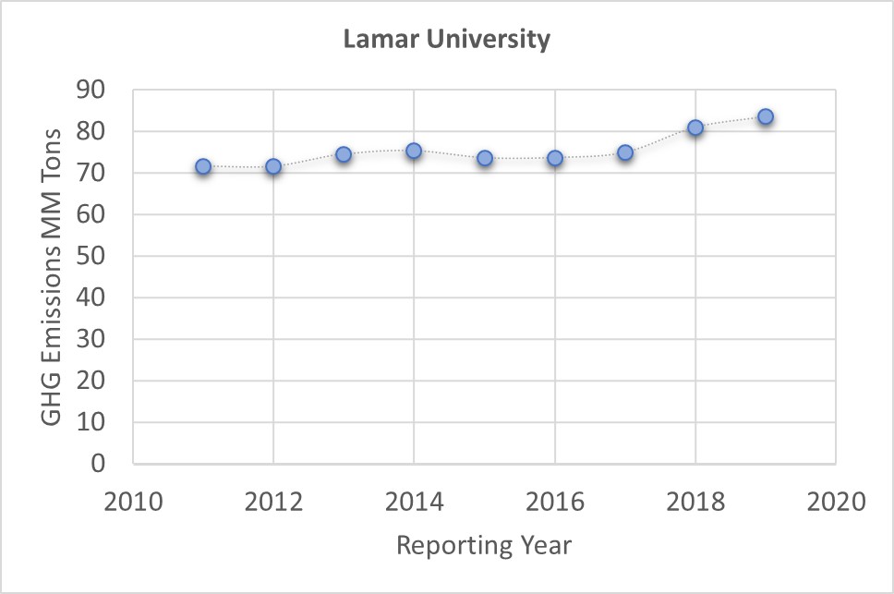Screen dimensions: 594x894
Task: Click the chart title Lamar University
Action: click(x=446, y=40)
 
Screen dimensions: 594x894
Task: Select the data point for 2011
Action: click(x=203, y=166)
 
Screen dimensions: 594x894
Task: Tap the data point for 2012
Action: click(x=273, y=166)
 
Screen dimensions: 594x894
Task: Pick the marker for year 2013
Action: click(x=344, y=154)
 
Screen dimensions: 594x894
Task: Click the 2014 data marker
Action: click(x=414, y=151)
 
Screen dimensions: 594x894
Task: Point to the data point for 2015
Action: click(x=485, y=158)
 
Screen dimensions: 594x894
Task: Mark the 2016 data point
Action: click(x=555, y=158)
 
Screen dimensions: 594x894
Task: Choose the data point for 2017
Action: click(x=625, y=152)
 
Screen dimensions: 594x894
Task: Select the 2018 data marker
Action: click(x=695, y=127)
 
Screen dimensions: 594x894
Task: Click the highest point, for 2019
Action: click(x=766, y=116)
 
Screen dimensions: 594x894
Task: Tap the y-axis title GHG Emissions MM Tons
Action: click(x=53, y=276)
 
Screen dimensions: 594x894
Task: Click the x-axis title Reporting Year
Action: click(x=484, y=545)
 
